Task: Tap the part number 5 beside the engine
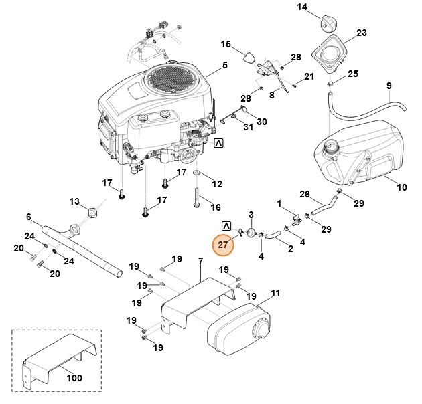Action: (x=225, y=66)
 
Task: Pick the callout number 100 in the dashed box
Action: (x=74, y=378)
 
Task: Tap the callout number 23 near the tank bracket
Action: (x=361, y=33)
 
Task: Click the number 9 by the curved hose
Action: (x=389, y=86)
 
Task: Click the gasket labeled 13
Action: (x=93, y=213)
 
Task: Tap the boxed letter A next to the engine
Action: (x=219, y=142)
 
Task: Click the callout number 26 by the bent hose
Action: (x=305, y=195)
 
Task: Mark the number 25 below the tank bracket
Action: (x=352, y=73)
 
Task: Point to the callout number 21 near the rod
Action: (x=309, y=77)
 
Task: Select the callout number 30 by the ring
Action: (x=262, y=122)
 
